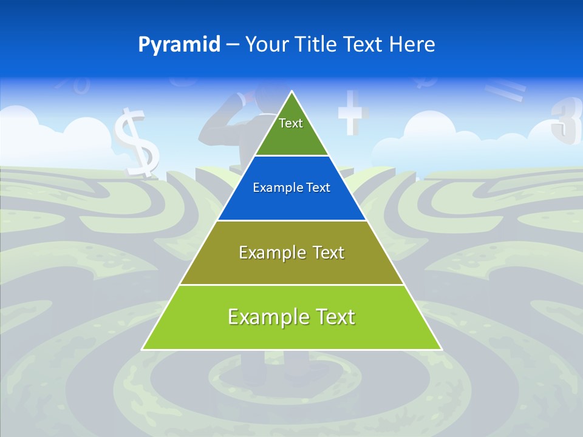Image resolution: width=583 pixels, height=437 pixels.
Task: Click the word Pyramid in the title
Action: (x=179, y=45)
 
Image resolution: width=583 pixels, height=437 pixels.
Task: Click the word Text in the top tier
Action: (x=291, y=123)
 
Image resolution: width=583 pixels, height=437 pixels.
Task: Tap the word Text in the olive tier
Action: (x=327, y=252)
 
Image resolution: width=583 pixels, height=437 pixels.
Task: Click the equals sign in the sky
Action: (x=505, y=91)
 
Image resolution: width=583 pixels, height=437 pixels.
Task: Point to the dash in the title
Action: (x=233, y=45)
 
